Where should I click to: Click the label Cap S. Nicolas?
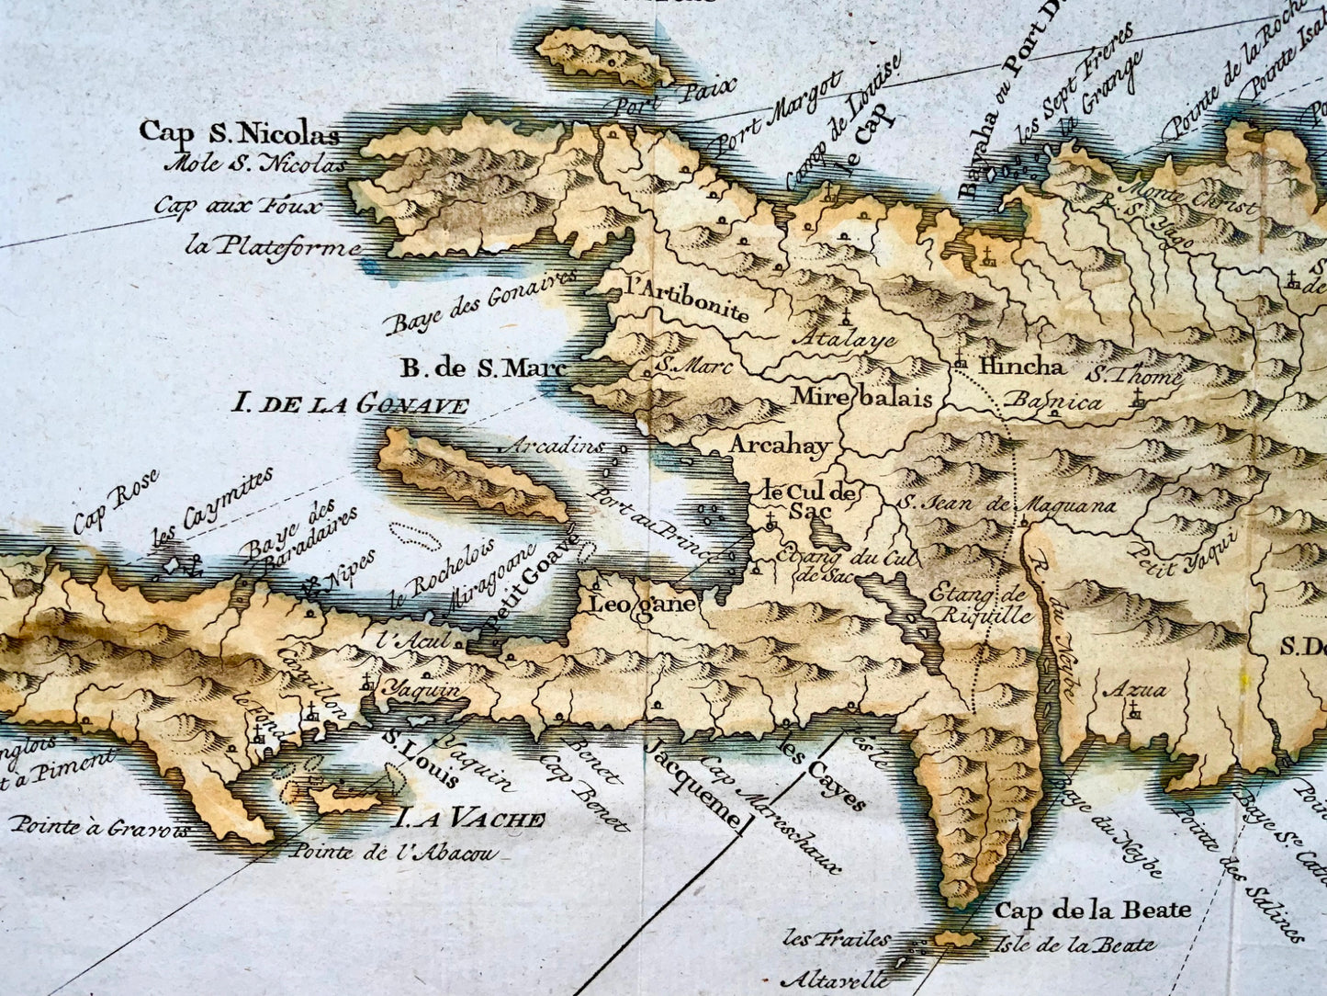click(x=240, y=133)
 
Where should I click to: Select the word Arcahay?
click(x=780, y=446)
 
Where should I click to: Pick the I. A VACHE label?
click(x=470, y=819)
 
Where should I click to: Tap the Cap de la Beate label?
click(x=1093, y=911)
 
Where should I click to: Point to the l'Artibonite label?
click(x=684, y=299)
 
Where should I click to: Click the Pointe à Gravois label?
click(x=100, y=824)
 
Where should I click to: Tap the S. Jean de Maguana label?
click(x=1006, y=504)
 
